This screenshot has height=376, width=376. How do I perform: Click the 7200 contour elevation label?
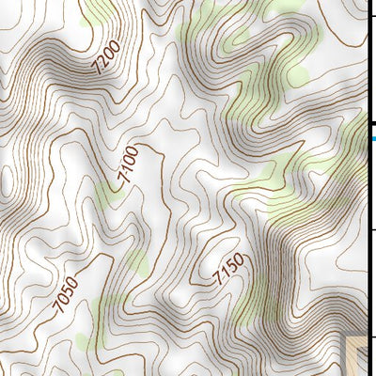pos(107,59)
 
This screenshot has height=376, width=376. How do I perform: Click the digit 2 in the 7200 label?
pos(102,64)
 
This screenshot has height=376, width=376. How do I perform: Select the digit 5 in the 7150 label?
pos(232,264)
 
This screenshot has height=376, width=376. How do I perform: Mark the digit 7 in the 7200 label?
pos(96,70)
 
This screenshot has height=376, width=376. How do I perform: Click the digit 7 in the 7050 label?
pos(59,308)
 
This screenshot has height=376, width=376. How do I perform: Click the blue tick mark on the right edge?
pos(371,139)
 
